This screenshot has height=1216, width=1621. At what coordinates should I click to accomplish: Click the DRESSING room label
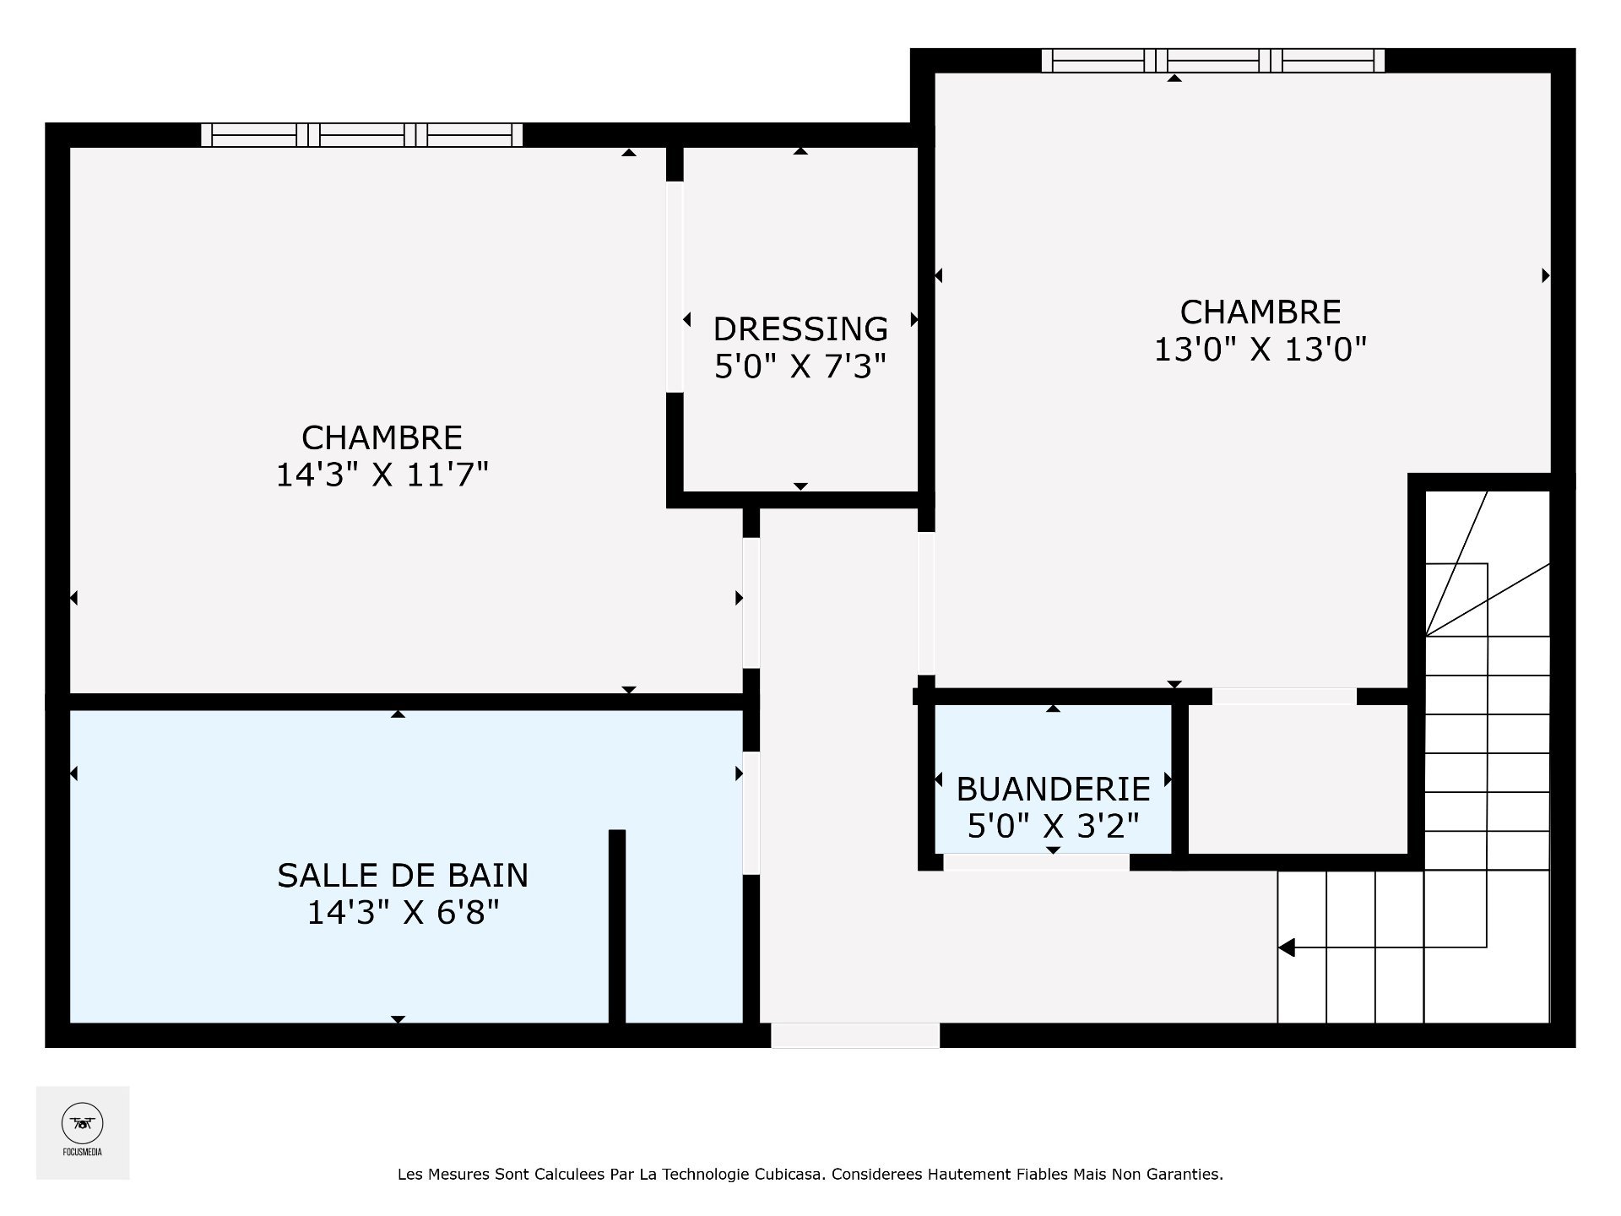800,328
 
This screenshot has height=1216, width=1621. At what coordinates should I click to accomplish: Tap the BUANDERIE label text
1053,790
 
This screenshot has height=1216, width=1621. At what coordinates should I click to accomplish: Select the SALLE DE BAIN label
403,876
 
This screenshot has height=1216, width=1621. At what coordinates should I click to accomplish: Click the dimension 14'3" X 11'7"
382,475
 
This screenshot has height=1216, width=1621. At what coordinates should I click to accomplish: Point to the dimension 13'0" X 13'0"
1260,349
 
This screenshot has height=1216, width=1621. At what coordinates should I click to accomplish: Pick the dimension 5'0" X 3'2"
1053,826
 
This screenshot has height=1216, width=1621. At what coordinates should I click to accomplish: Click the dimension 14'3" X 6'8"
403,913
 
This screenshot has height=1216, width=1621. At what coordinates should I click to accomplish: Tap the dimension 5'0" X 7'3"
800,366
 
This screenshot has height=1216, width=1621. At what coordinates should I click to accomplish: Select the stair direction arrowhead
1287,947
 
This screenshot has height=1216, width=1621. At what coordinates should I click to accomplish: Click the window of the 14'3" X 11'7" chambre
361,135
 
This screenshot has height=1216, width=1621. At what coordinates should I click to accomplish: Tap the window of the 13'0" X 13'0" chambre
1212,61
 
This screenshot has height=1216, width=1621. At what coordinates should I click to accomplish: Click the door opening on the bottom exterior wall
854,1035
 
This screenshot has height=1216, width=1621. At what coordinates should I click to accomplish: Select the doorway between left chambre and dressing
675,287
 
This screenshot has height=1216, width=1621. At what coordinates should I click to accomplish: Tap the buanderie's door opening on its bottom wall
1036,862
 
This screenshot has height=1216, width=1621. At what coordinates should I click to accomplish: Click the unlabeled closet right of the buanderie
1298,779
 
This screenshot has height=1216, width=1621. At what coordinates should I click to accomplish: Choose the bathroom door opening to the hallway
751,812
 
